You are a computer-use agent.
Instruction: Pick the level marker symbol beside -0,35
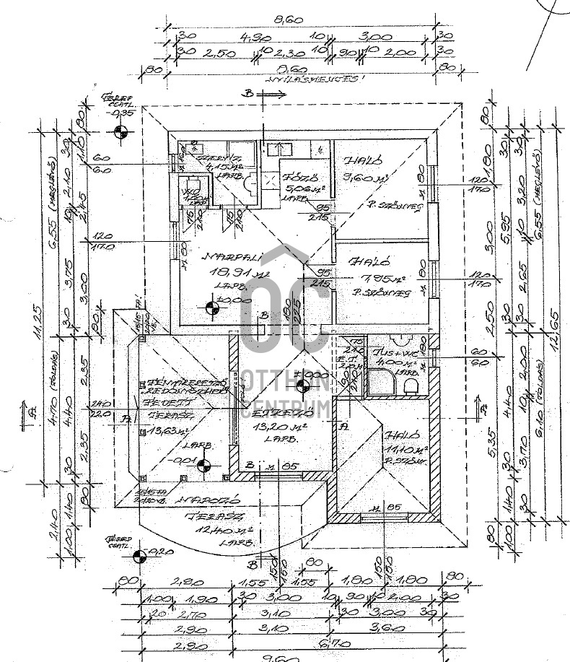click(120, 132)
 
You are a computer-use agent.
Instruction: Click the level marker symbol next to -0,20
click(141, 554)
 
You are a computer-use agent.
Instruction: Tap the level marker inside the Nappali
click(211, 308)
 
